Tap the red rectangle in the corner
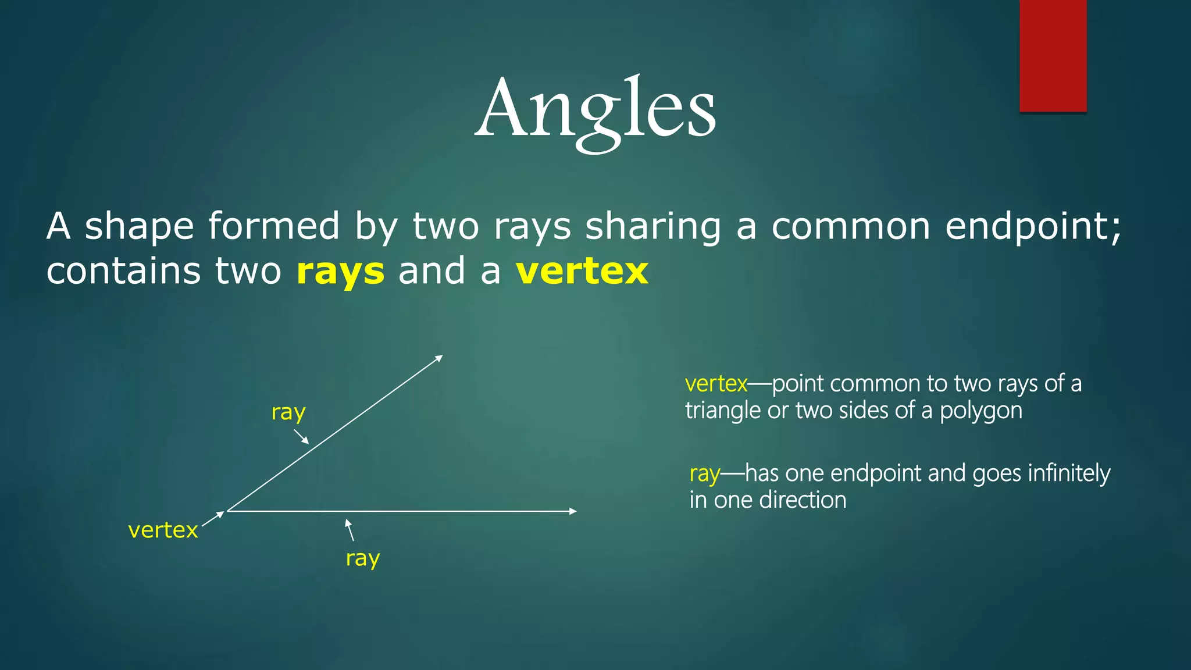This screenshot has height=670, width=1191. (x=1053, y=56)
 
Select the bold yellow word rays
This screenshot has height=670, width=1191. (x=340, y=272)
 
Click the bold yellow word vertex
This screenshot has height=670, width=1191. (x=582, y=271)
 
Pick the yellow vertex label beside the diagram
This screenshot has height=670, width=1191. (x=163, y=530)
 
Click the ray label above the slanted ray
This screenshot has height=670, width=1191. (x=288, y=412)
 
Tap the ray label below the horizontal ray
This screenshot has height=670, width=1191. (x=363, y=558)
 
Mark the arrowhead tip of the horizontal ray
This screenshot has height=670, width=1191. (x=575, y=511)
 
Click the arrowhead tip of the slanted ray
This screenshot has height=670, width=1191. (x=441, y=356)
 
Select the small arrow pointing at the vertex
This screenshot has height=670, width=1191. (x=213, y=519)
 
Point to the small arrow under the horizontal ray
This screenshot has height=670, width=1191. (x=350, y=529)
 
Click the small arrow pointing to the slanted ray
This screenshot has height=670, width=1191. (x=301, y=436)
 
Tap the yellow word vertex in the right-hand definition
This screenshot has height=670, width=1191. (x=716, y=384)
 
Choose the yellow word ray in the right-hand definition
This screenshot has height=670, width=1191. (x=704, y=474)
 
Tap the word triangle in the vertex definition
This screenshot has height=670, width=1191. (x=723, y=411)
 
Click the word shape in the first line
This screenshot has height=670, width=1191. (x=139, y=226)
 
